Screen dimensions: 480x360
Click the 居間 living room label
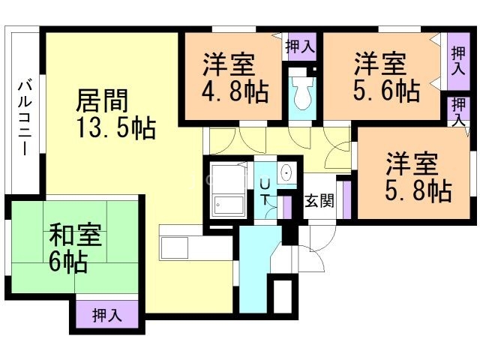coord(102,100)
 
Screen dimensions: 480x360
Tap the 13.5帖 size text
coord(116,128)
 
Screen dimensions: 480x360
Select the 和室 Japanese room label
coord(76,235)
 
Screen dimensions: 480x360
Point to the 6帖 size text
coord(68,261)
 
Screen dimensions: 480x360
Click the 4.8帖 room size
coord(235,91)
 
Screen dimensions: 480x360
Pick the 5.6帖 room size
coord(387,90)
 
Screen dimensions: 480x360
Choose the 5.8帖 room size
coord(418,190)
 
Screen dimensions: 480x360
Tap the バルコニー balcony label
coord(24,118)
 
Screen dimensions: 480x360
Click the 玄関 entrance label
coord(319,201)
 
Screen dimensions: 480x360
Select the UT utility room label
coord(265,193)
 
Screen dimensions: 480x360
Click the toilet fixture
coord(302,92)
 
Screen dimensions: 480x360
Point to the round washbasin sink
coord(286,173)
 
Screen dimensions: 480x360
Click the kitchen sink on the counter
coord(174,247)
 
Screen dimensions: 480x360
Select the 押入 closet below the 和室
coord(107,315)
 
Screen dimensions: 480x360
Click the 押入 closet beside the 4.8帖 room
coord(300,46)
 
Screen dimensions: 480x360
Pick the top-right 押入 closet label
coord(458,60)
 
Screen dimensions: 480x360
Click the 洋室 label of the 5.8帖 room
coord(412,163)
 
